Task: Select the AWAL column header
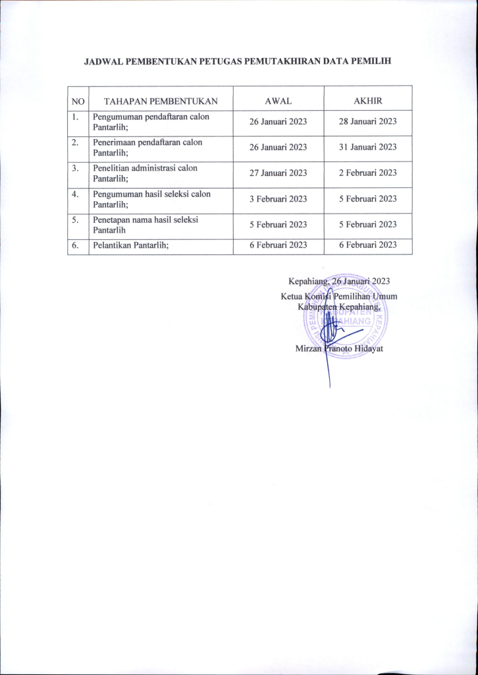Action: [278, 101]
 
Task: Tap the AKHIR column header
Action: [368, 101]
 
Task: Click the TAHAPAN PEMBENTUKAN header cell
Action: [161, 101]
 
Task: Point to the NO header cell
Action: [78, 101]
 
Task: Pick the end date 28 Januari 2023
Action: [367, 121]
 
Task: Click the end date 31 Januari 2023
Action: [367, 147]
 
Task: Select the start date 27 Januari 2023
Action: [278, 173]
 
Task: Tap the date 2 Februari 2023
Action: [367, 173]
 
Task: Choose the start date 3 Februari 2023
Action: [278, 198]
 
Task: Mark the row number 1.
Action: [76, 117]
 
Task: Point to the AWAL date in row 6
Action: [278, 245]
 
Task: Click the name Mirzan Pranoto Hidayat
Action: [339, 348]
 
